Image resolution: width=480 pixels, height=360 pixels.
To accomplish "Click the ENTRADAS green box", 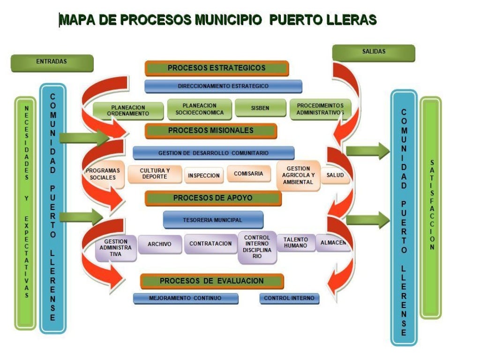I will pyautogui.click(x=52, y=62).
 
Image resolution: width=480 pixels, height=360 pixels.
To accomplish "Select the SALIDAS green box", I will pyautogui.click(x=374, y=52).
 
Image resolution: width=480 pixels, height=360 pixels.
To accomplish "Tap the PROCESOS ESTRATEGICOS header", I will pyautogui.click(x=217, y=68).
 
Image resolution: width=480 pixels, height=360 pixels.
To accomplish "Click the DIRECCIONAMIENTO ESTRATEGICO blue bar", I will pyautogui.click(x=223, y=86).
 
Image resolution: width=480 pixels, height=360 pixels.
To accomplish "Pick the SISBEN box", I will pyautogui.click(x=260, y=108).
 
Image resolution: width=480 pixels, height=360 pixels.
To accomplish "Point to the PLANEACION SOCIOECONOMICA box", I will pyautogui.click(x=200, y=109).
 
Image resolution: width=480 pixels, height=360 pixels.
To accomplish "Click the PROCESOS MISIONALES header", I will pyautogui.click(x=211, y=131).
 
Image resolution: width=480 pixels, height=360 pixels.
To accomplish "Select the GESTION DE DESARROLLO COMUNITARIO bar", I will pyautogui.click(x=213, y=153).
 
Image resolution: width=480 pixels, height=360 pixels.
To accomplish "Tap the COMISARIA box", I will pyautogui.click(x=249, y=174).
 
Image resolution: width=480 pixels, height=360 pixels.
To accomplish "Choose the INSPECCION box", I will pyautogui.click(x=204, y=175).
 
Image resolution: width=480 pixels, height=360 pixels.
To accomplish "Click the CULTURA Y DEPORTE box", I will pyautogui.click(x=155, y=174).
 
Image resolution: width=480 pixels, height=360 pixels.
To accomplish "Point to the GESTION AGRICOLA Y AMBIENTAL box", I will pyautogui.click(x=298, y=175).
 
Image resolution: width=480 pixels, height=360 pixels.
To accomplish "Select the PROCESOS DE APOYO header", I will pyautogui.click(x=213, y=198).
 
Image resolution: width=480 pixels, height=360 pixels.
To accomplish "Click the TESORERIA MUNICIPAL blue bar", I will pyautogui.click(x=213, y=220).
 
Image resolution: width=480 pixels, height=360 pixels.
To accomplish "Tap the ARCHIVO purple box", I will pyautogui.click(x=159, y=244).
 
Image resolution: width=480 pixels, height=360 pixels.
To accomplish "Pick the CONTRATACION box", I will pyautogui.click(x=210, y=244).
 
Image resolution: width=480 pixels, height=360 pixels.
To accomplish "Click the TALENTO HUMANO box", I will pyautogui.click(x=296, y=243).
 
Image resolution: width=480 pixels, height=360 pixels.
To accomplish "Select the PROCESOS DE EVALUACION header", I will pyautogui.click(x=212, y=281).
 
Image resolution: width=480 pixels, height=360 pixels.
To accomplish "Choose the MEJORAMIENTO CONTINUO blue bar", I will pyautogui.click(x=186, y=298).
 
